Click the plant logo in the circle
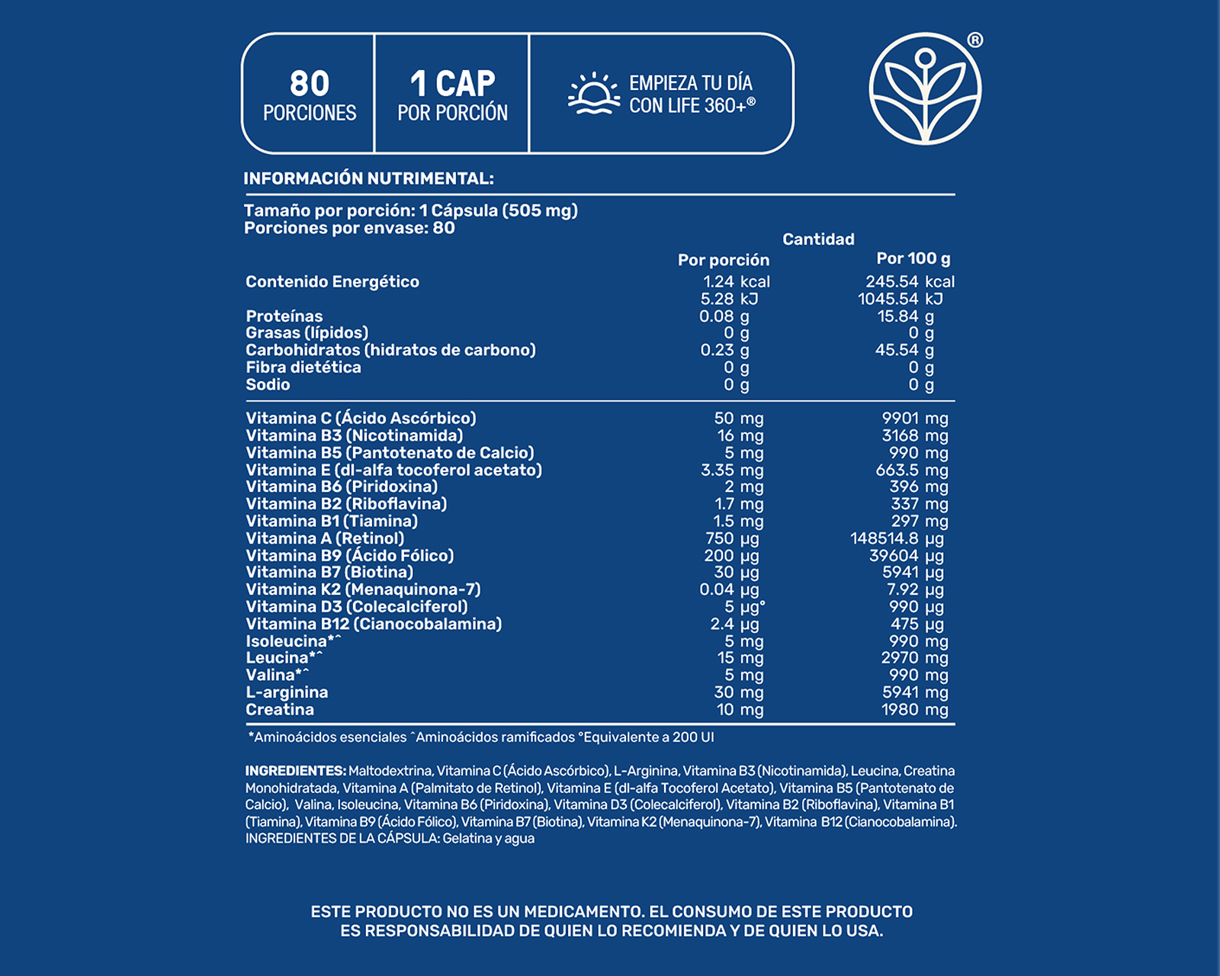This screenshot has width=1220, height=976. [x=925, y=89]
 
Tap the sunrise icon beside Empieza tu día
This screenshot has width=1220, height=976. [x=593, y=94]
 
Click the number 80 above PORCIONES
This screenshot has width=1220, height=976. [x=310, y=83]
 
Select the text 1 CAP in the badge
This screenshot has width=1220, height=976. [x=452, y=83]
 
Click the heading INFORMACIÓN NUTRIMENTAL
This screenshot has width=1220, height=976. [x=368, y=178]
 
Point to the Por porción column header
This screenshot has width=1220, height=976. [x=724, y=260]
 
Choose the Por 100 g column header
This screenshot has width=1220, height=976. [x=913, y=258]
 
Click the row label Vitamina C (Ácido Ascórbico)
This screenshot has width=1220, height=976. [x=361, y=418]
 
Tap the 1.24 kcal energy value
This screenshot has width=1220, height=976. [x=736, y=281]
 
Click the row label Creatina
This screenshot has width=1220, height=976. [x=280, y=710]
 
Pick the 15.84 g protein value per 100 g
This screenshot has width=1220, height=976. [x=905, y=316]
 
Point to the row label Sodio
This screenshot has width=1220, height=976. [x=268, y=384]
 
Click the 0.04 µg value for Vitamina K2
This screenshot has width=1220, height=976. [x=730, y=589]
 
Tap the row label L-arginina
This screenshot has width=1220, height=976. [x=287, y=692]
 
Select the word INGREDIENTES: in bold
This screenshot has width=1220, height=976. [x=295, y=771]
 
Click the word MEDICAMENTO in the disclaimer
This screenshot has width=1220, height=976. [x=583, y=911]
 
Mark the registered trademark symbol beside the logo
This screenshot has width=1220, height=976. [x=974, y=40]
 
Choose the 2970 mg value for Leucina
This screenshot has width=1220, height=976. [x=914, y=658]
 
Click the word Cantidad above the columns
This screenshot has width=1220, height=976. [x=818, y=239]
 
